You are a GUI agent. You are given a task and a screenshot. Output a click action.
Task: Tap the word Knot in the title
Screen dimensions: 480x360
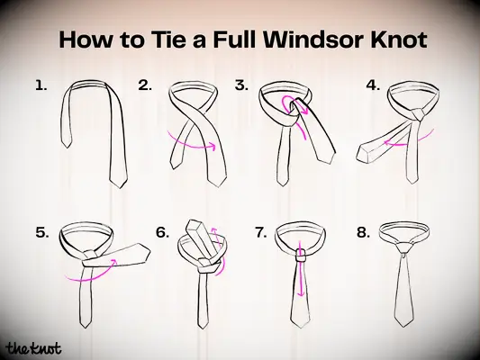[x=399, y=39]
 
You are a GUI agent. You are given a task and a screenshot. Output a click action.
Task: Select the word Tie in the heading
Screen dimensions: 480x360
[x=168, y=39]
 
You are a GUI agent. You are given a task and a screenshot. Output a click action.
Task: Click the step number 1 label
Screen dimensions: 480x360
[x=41, y=85]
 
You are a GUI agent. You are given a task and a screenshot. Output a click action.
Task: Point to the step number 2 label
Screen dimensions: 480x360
[x=145, y=85]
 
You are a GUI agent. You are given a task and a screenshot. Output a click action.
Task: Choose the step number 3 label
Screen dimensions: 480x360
[x=241, y=85]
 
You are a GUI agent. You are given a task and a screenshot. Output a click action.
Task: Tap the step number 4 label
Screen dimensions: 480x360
[x=373, y=85]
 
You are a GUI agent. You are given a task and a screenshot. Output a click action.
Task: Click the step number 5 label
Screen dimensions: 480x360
[x=42, y=233]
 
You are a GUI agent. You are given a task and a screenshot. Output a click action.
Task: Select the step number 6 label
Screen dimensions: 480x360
[x=162, y=233]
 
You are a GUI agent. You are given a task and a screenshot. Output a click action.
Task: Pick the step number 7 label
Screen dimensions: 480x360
[x=261, y=233]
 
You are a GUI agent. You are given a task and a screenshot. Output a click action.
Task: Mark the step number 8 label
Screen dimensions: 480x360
[x=363, y=233]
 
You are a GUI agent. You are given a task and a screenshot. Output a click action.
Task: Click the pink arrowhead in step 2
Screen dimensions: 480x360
[x=213, y=145]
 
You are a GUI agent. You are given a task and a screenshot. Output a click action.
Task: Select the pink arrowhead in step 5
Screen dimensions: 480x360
[x=113, y=262]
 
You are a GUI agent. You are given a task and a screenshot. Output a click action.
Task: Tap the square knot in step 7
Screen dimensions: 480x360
[x=302, y=255]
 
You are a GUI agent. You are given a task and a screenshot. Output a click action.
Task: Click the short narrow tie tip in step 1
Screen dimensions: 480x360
[x=67, y=143]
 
